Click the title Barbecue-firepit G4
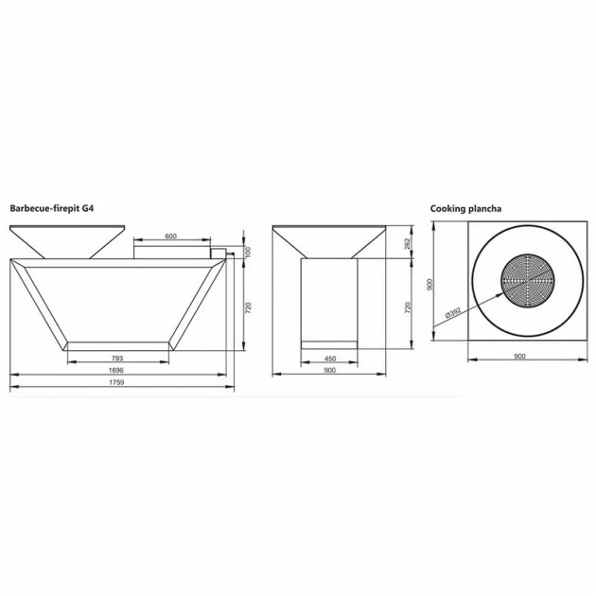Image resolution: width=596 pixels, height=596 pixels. (x=52, y=208)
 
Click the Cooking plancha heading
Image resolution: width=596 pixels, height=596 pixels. (x=465, y=209)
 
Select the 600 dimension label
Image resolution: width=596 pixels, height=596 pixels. (x=171, y=237)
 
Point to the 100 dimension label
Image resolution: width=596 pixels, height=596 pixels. (x=248, y=252)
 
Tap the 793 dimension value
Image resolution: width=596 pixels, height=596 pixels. (x=117, y=358)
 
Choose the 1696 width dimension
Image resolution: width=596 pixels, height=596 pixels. (x=116, y=370)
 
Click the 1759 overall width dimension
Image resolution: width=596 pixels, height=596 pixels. (x=116, y=382)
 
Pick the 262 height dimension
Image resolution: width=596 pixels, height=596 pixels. (x=408, y=244)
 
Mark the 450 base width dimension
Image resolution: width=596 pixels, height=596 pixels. (x=330, y=359)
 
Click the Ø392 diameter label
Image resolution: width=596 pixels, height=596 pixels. (x=453, y=312)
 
